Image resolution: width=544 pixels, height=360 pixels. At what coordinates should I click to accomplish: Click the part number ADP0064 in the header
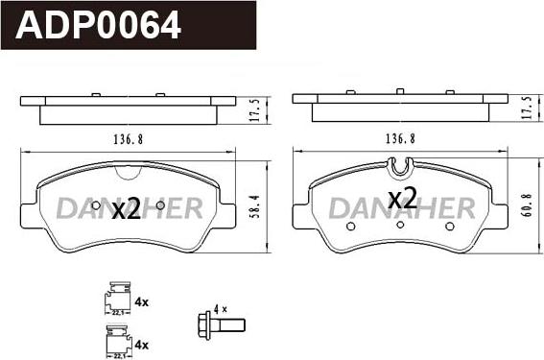(x=98, y=25)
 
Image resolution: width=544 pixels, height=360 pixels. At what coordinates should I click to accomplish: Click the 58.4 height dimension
(x=255, y=206)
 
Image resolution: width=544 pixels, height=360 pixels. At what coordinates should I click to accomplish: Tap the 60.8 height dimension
(x=527, y=205)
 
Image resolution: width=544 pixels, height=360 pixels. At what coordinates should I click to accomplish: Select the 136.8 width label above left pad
(x=129, y=139)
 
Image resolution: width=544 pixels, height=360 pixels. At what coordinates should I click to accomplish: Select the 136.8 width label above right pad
(x=400, y=139)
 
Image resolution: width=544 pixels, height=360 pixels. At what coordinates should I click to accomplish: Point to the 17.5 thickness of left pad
(x=255, y=110)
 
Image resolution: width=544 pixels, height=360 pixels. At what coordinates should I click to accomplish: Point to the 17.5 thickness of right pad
(x=527, y=108)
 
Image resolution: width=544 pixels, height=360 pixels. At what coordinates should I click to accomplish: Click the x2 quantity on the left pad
(x=127, y=209)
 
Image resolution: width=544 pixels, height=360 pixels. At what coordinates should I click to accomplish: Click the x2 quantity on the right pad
(x=402, y=198)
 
